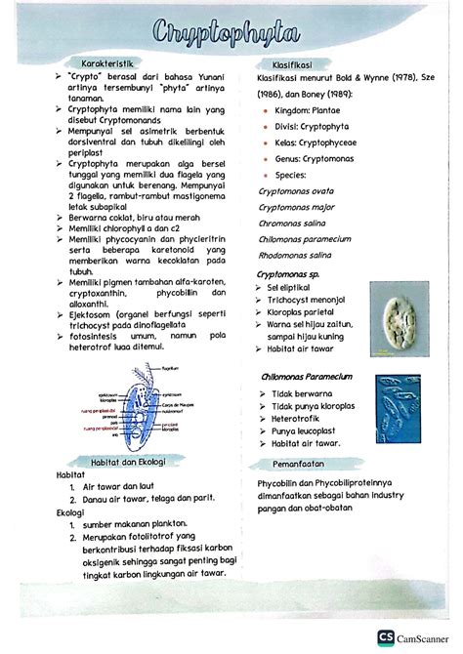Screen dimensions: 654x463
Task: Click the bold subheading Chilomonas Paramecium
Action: click(306, 376)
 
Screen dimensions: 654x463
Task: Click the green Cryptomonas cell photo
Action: click(398, 318)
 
